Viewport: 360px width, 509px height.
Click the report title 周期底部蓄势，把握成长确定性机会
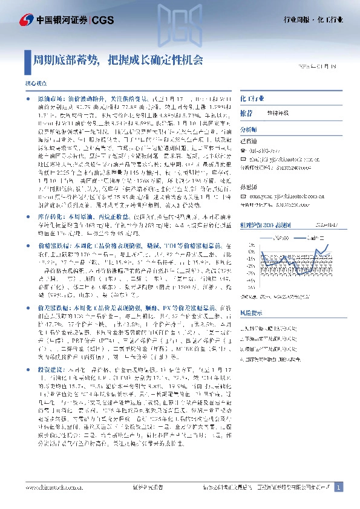[x=117, y=60]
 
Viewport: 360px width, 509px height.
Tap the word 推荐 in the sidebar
[x=247, y=112]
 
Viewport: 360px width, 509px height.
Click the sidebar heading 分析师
[x=249, y=129]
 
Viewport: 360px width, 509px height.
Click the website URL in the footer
[x=48, y=487]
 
